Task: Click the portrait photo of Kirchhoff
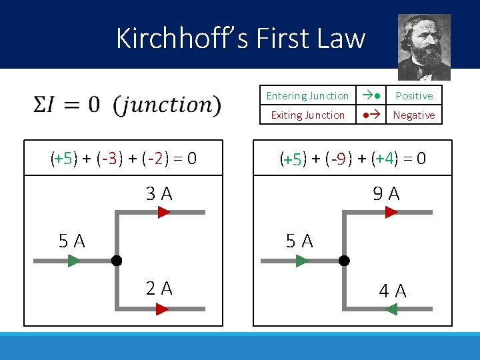coord(424,47)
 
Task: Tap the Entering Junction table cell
coord(307,96)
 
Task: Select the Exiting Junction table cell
coord(307,115)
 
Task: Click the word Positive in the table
coord(414,96)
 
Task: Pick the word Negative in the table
coord(414,115)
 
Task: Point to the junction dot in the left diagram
coord(117,261)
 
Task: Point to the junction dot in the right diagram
coord(345,261)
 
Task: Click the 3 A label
coord(159,194)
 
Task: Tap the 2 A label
coord(159,288)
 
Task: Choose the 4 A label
coord(393,291)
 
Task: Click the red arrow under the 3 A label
coord(164,212)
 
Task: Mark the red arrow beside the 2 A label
coord(163,309)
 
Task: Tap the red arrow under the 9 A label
coord(391,212)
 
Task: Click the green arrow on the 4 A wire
coord(391,309)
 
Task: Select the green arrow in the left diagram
coord(74,261)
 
